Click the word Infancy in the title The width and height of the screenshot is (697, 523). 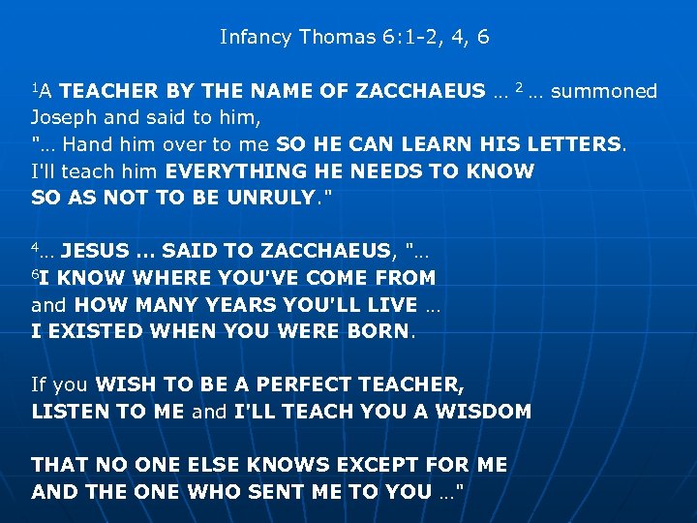tap(256, 38)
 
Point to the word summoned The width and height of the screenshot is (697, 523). tap(604, 92)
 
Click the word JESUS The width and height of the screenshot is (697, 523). tap(98, 252)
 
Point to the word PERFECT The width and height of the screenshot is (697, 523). tap(288, 385)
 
